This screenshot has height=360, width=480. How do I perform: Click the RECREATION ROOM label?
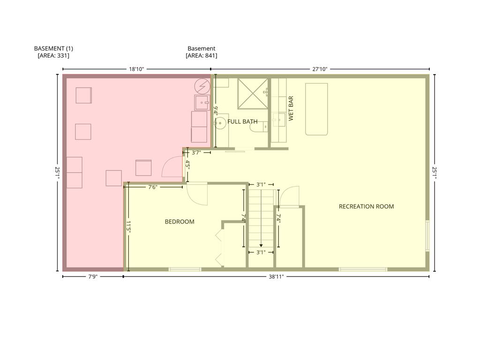point(366,207)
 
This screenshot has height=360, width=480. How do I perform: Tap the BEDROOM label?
point(180,222)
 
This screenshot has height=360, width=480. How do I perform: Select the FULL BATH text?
point(242,121)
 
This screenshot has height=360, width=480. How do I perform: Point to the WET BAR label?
point(291,108)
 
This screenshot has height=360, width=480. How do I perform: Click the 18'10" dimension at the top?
point(136,69)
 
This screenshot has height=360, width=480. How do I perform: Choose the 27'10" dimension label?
point(320,69)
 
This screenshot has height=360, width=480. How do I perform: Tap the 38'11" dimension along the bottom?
point(276,277)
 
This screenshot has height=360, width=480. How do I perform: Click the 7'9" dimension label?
point(93,277)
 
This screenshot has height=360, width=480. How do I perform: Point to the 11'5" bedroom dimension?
point(128,228)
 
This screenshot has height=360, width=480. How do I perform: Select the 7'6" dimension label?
point(152,187)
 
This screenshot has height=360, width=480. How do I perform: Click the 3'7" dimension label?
point(196,152)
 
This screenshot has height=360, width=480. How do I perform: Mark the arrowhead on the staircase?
point(261,245)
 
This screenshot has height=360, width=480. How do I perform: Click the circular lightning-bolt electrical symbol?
point(202,87)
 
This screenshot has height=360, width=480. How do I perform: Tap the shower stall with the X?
point(253,94)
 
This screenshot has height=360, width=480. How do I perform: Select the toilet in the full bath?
point(259,127)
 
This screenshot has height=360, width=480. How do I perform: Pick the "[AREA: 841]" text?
point(202,56)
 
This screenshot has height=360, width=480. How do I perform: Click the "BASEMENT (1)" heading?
point(53,48)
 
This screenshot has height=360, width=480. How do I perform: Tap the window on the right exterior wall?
point(427,236)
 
